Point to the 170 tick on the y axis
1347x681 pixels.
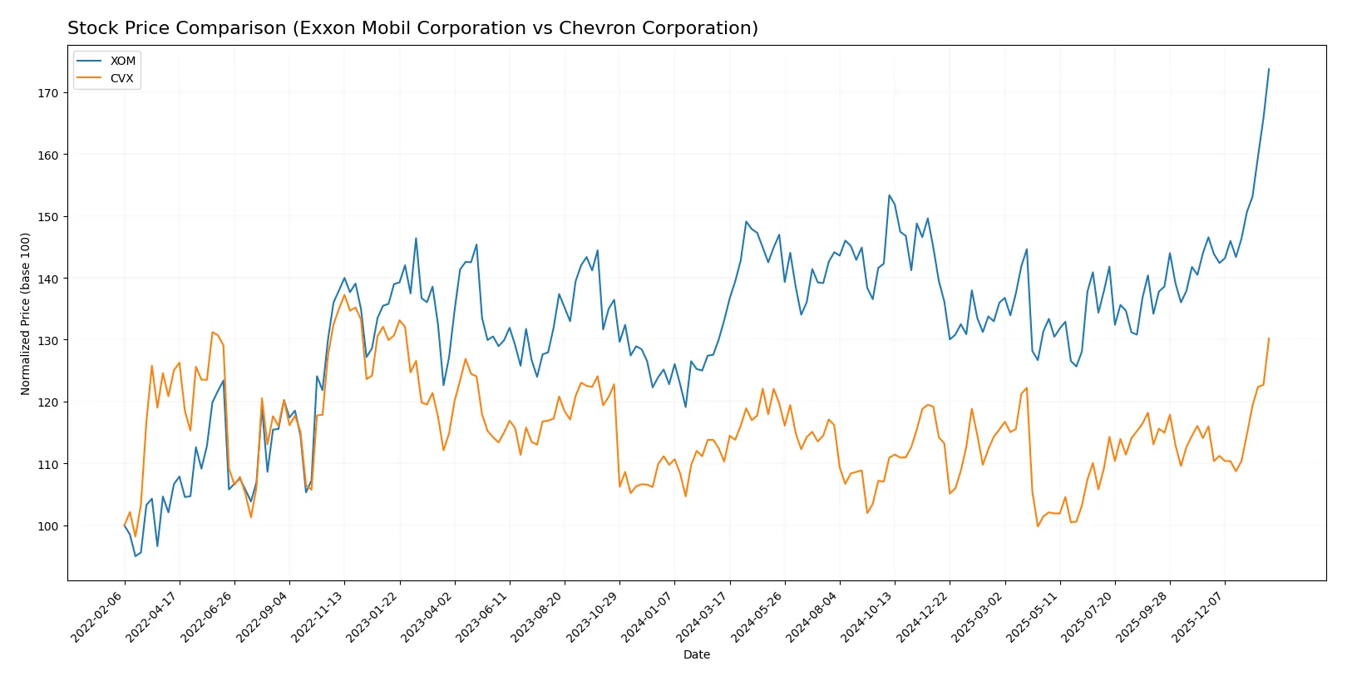click(x=48, y=93)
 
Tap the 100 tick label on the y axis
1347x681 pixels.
click(x=48, y=526)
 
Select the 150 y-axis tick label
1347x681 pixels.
click(x=48, y=217)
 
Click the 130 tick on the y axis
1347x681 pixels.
click(x=48, y=341)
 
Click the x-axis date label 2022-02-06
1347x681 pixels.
click(x=98, y=616)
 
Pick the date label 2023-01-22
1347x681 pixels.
click(x=373, y=616)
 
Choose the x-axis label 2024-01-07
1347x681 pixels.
click(x=648, y=616)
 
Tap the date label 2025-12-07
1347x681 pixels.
click(x=1198, y=616)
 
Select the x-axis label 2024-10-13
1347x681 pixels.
click(x=868, y=616)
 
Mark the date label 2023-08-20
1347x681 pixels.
click(x=538, y=616)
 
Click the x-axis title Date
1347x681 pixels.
click(x=696, y=654)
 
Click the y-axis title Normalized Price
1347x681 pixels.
click(x=26, y=313)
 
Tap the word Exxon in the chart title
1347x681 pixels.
click(x=323, y=28)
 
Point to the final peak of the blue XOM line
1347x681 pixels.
click(x=1269, y=69)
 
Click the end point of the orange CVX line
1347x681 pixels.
click(x=1269, y=338)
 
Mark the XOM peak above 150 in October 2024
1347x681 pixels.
click(x=889, y=195)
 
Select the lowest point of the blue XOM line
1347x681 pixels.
click(x=136, y=555)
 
